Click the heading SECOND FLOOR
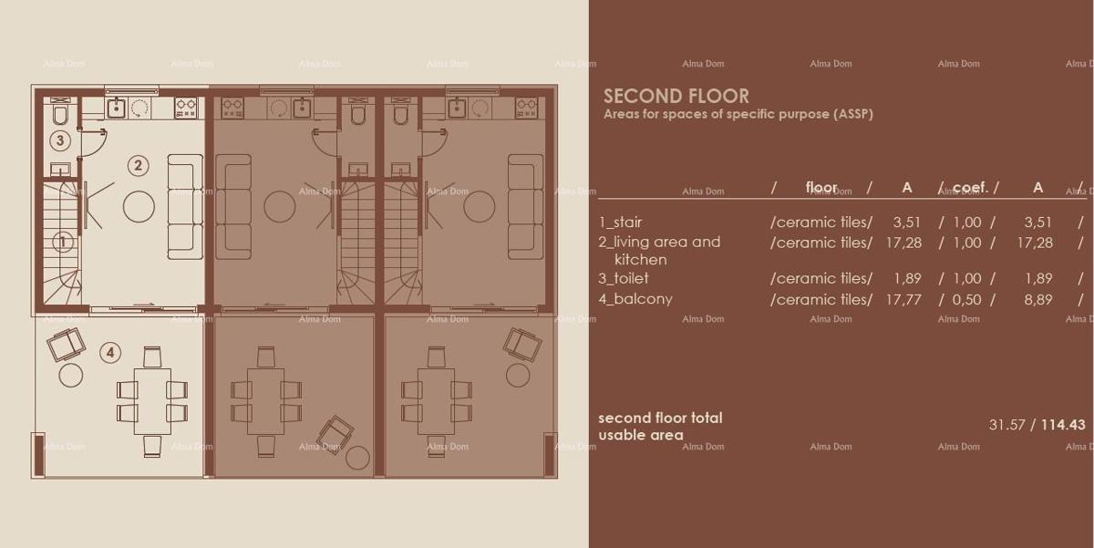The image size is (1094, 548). click(676, 96)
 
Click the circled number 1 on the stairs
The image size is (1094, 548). click(63, 243)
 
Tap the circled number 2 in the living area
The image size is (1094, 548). click(139, 165)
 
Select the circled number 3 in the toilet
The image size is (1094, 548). click(60, 140)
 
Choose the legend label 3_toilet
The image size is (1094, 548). click(624, 278)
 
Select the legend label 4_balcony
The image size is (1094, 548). click(635, 299)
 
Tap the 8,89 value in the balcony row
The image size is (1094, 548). click(1037, 299)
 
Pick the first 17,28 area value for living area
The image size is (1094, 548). click(906, 243)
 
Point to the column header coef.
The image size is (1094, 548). click(969, 188)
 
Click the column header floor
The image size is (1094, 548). click(821, 188)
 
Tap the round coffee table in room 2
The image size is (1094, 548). click(139, 206)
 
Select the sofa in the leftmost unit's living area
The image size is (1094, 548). click(185, 206)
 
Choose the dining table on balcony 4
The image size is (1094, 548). click(152, 400)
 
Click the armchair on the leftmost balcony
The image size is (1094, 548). click(66, 345)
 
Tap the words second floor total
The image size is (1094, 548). click(660, 418)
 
